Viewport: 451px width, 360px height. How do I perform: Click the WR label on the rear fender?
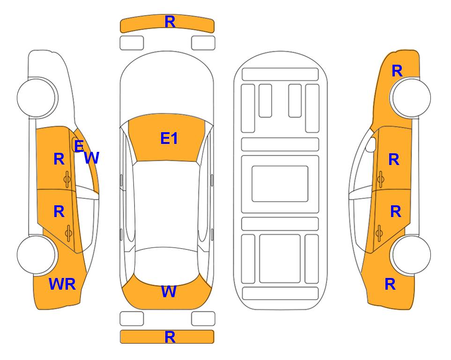click(x=62, y=284)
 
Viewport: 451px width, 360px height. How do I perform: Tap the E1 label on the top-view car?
click(x=169, y=138)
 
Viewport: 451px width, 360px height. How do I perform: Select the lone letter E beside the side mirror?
click(x=79, y=147)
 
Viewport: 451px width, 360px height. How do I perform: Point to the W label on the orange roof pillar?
click(x=92, y=158)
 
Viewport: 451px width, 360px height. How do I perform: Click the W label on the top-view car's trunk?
click(x=168, y=292)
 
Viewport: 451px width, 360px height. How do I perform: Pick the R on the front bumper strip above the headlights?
click(x=170, y=22)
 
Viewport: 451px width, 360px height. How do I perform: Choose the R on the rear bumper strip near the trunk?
click(x=170, y=337)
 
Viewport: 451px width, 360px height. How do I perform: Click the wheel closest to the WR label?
click(x=37, y=255)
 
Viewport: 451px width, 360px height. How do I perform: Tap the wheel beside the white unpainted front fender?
click(x=37, y=97)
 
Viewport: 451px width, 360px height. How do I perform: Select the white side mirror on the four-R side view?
click(x=370, y=145)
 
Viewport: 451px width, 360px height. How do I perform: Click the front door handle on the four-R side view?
click(x=380, y=179)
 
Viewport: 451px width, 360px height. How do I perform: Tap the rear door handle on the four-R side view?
click(x=379, y=232)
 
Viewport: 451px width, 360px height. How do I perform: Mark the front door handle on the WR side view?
click(x=67, y=179)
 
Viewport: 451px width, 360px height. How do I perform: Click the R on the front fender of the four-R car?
click(x=397, y=71)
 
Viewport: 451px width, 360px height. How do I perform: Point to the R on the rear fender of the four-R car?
click(x=390, y=284)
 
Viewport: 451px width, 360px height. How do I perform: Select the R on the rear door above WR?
click(x=59, y=211)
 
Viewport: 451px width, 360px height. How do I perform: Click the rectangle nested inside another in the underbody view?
click(x=280, y=183)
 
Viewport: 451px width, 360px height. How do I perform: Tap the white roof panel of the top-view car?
click(x=167, y=204)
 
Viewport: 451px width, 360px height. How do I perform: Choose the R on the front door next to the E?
click(x=59, y=159)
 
